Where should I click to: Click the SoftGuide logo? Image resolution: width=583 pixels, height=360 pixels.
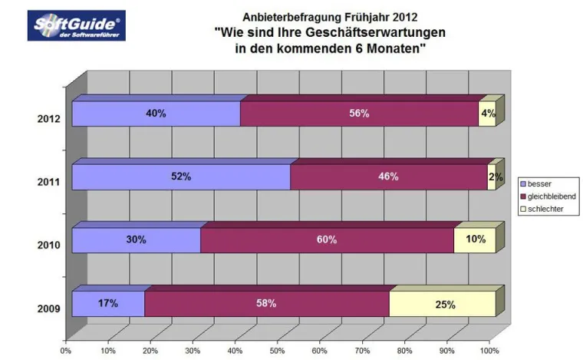(76, 25)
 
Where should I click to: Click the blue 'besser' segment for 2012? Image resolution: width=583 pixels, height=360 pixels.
(156, 114)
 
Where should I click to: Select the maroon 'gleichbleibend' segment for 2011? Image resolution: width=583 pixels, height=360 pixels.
(388, 177)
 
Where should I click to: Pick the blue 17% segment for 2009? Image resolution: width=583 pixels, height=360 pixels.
(108, 304)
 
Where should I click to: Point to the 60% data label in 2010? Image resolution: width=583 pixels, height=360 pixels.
(327, 239)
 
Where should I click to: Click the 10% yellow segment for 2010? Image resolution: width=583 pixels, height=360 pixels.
(474, 239)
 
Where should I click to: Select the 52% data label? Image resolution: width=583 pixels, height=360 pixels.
(181, 177)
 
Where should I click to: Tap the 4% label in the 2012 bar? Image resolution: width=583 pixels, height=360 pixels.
(488, 114)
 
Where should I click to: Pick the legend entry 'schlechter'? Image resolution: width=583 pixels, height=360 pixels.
(545, 209)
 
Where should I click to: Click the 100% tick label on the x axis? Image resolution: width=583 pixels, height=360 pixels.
(489, 351)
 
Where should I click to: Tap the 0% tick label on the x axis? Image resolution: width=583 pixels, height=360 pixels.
(67, 351)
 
